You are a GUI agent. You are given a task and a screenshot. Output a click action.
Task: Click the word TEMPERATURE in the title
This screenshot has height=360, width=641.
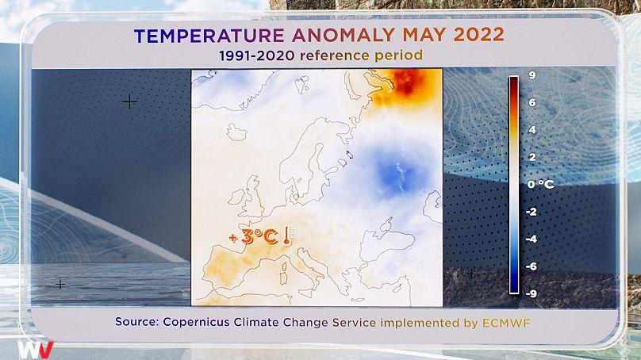[209, 36]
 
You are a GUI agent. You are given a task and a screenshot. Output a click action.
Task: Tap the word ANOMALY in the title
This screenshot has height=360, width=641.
[344, 36]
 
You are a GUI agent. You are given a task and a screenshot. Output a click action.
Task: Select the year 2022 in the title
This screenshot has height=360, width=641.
[478, 35]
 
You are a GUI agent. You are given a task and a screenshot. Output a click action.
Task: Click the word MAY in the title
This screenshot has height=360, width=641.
[424, 35]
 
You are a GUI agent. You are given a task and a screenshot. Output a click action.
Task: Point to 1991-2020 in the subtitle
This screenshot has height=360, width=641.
[257, 56]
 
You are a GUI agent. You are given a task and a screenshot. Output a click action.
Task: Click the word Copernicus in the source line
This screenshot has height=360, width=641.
[196, 322]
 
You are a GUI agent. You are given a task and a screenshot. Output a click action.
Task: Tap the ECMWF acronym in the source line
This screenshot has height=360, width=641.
[506, 323]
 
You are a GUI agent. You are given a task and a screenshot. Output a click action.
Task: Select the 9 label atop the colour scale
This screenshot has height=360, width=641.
[532, 75]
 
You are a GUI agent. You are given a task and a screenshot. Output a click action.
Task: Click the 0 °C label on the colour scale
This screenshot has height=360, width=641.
[540, 184]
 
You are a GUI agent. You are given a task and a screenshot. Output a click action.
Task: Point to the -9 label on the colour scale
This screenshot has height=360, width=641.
[531, 293]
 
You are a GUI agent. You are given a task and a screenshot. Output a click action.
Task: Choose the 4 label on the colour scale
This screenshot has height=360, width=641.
[532, 129]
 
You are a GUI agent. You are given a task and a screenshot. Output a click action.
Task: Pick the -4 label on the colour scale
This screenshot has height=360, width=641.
[531, 239]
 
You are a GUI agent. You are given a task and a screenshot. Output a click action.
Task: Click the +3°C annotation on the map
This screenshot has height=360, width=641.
[253, 236]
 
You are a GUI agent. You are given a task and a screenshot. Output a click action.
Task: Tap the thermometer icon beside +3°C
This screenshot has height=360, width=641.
[287, 236]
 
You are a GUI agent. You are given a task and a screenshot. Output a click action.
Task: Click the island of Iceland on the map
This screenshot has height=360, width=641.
[236, 132]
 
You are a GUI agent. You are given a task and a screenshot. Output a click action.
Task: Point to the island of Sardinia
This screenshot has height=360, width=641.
[283, 274]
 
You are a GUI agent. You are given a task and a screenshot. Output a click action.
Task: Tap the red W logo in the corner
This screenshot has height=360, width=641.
[35, 350]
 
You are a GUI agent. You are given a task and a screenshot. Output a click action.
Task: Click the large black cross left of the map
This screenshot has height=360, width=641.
[129, 101]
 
